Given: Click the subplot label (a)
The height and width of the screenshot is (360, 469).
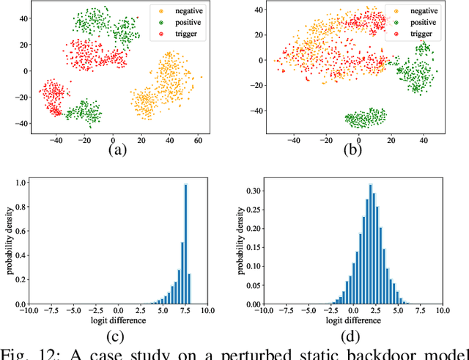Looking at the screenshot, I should pyautogui.click(x=117, y=150).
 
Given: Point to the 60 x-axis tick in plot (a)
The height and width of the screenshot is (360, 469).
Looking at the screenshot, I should pyautogui.click(x=197, y=138).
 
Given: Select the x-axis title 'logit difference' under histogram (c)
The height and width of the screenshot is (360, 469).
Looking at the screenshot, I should pyautogui.click(x=117, y=320).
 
